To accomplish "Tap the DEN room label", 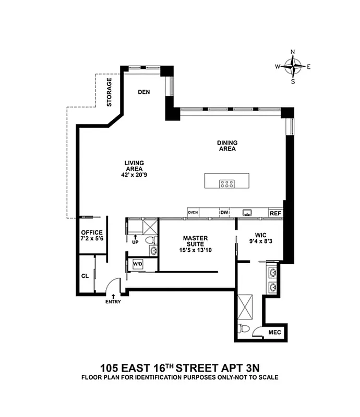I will coord(144,92).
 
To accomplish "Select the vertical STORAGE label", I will coord(110,93).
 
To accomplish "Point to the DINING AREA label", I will coord(227,145).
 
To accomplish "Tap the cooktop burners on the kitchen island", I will coord(226,183).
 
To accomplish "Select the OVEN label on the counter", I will coord(193,213).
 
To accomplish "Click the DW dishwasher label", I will coord(224,213).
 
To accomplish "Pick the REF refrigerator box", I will coord(275,213).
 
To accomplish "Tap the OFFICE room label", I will coord(92,232).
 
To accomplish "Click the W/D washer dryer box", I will coord(138,264).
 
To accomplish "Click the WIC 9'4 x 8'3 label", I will coord(260,238).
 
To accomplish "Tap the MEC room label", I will coord(274,332).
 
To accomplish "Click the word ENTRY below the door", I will coord(113,302).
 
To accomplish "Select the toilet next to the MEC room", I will coord(243,329).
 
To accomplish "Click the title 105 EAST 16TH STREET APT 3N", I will coord(179,365).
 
